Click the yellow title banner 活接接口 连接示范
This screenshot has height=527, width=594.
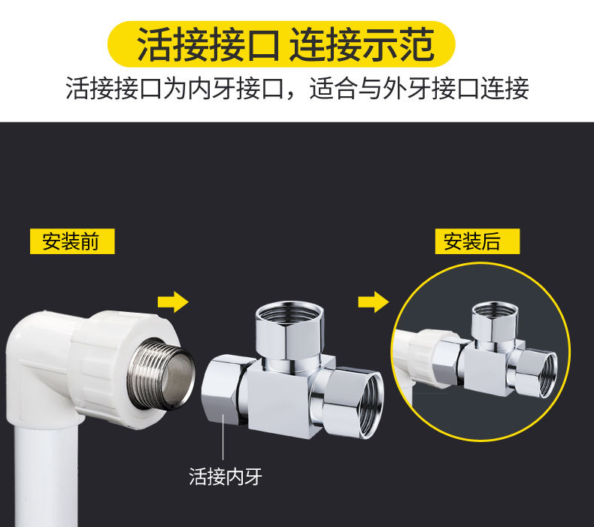point(286,44)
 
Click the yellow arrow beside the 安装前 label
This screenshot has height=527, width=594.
point(172,303)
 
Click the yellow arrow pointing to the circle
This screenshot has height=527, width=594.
point(373,303)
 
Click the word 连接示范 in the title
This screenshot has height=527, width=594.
point(362,44)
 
